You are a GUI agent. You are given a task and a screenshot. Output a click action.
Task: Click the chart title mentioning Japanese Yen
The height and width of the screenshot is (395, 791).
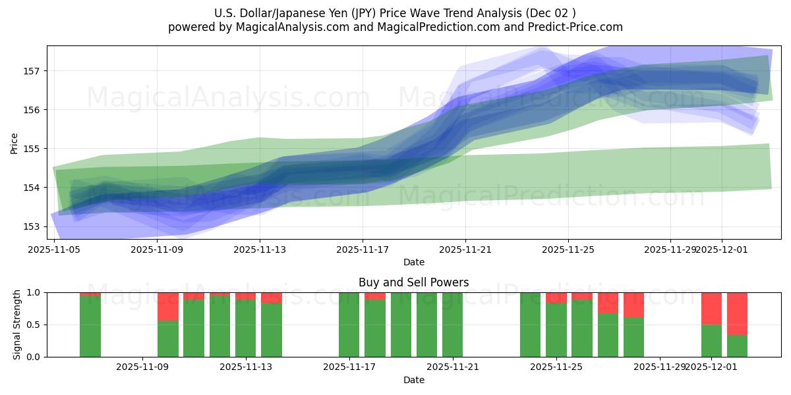tap(395, 13)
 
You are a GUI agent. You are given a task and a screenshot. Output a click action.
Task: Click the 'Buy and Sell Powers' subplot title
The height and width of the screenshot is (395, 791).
tap(413, 282)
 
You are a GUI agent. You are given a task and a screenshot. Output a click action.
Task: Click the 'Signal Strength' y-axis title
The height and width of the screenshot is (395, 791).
tap(17, 325)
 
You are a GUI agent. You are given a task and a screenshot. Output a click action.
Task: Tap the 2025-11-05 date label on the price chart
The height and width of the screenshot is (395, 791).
tap(55, 250)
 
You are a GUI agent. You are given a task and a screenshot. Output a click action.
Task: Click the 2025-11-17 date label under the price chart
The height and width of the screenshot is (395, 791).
tap(363, 250)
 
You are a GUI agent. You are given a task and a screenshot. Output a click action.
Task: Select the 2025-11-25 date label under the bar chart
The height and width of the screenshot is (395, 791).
tap(556, 367)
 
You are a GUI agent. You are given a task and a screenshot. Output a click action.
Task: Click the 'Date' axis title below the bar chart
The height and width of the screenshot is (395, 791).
tap(413, 380)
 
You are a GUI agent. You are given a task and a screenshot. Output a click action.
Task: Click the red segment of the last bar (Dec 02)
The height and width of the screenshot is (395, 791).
tap(737, 313)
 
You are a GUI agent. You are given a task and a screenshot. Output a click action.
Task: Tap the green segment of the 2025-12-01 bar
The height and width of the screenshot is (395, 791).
tap(711, 340)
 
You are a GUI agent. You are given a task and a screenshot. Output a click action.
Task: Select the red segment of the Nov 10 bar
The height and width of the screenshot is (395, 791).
tap(168, 306)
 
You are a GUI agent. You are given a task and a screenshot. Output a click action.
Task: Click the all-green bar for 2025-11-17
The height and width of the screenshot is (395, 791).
tap(349, 325)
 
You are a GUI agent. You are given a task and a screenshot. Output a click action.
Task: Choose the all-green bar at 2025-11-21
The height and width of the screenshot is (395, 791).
tap(452, 325)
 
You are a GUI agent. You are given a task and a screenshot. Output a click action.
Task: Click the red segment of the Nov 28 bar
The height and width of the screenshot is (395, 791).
tap(633, 304)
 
